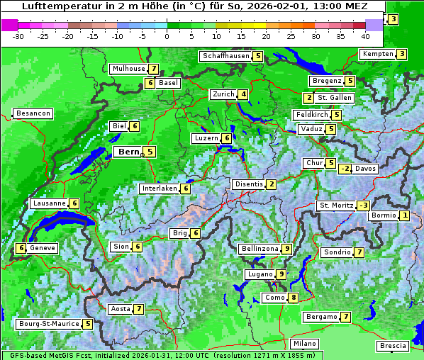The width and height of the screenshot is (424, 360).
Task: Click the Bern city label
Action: click(128, 152)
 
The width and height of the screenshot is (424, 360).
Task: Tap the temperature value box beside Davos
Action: click(345, 169)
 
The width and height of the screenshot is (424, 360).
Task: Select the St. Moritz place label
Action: click(335, 206)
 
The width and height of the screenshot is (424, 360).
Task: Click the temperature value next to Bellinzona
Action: click(286, 249)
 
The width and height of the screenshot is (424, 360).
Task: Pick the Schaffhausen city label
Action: click(225, 56)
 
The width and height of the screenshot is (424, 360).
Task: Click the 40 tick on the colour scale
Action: click(365, 35)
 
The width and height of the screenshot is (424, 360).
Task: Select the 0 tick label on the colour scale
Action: click(167, 35)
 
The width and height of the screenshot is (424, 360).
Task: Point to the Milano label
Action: click(305, 344)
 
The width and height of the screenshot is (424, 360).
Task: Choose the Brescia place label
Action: click(393, 346)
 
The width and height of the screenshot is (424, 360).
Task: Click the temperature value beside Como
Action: click(293, 298)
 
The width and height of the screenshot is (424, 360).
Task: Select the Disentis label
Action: click(248, 184)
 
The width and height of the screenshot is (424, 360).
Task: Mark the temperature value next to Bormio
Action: click(404, 215)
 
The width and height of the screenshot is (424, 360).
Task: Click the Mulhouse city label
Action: click(128, 69)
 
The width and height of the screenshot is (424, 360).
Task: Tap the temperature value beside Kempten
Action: click(401, 54)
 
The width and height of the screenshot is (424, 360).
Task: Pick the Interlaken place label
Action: click(159, 189)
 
